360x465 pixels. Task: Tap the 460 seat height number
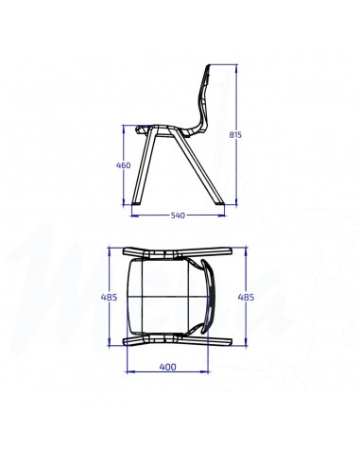pyautogui.click(x=122, y=165)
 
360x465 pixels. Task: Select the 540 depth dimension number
pyautogui.click(x=177, y=215)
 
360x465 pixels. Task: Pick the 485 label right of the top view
pyautogui.click(x=246, y=297)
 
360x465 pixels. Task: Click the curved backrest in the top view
pyautogui.click(x=212, y=296)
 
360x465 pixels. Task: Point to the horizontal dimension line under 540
pyautogui.click(x=177, y=209)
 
